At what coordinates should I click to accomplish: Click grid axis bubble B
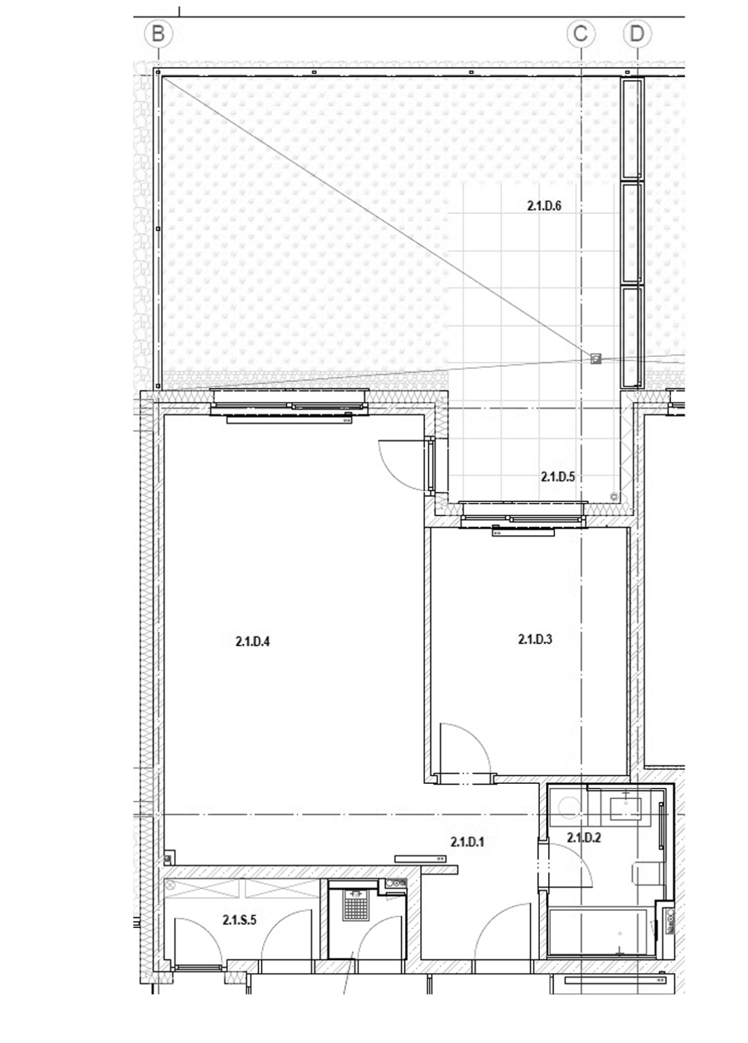pyautogui.click(x=158, y=34)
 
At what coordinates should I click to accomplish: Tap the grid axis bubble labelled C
pyautogui.click(x=581, y=34)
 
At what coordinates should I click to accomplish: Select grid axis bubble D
pyautogui.click(x=636, y=34)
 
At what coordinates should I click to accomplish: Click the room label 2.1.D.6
pyautogui.click(x=544, y=206)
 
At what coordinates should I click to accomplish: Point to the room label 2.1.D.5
pyautogui.click(x=558, y=477)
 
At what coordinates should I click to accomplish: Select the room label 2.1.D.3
pyautogui.click(x=535, y=639)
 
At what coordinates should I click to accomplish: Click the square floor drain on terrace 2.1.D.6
pyautogui.click(x=596, y=358)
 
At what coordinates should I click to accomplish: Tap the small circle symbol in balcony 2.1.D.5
pyautogui.click(x=613, y=496)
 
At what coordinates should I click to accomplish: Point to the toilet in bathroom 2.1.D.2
pyautogui.click(x=647, y=872)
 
